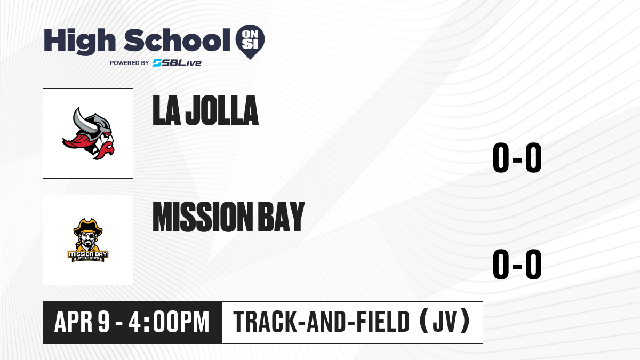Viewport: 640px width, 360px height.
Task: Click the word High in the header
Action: point(79,42)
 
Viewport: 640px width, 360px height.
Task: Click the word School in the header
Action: point(177,40)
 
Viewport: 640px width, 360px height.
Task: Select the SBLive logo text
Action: point(177,63)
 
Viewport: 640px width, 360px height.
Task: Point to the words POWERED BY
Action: point(130,63)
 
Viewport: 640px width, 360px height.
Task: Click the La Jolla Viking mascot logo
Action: point(88,133)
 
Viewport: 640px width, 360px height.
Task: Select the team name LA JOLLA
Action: point(205,110)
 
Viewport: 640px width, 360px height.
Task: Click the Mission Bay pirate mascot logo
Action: point(88,240)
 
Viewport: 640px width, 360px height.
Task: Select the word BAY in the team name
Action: point(282,217)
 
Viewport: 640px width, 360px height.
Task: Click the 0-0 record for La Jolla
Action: point(517,158)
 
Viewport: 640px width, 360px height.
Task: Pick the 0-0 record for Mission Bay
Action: point(517,265)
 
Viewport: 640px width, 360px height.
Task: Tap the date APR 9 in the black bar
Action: point(82,322)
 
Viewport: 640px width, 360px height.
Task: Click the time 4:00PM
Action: point(169,322)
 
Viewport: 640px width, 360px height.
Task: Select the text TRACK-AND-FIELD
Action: point(322,322)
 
